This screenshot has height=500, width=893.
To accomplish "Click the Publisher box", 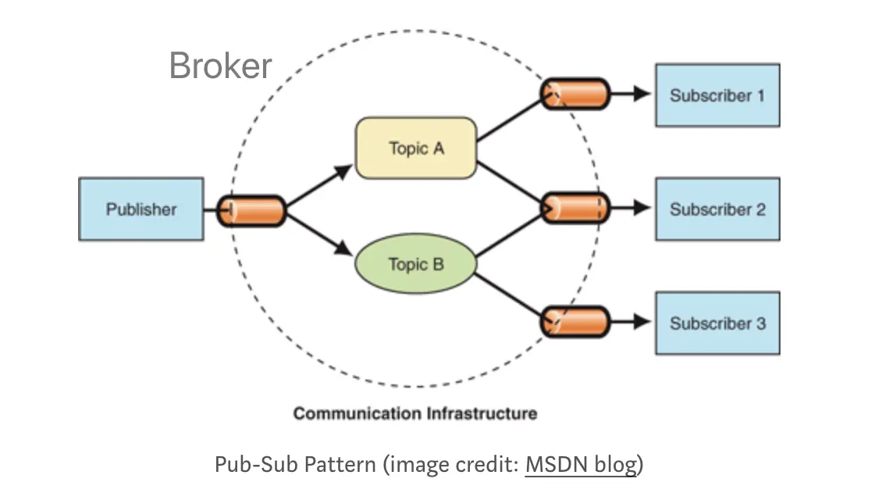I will point(141,209).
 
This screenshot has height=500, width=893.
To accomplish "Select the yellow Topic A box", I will point(416,148).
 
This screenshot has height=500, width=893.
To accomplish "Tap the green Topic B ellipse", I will point(416,264).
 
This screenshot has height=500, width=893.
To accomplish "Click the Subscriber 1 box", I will point(717,95).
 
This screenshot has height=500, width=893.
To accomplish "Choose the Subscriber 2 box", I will point(717,209).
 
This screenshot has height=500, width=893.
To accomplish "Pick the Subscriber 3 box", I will point(717,323).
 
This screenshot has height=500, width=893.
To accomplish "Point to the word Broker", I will point(220,66).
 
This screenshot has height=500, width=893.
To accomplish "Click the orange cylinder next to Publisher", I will point(251,211).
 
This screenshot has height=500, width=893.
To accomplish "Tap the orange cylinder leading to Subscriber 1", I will point(575,94).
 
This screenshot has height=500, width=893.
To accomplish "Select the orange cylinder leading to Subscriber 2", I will point(575,209).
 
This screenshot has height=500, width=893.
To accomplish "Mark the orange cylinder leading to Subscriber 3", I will point(575,322).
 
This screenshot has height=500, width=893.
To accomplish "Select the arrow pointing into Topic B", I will point(342,249).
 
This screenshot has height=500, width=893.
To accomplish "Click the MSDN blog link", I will point(581,465).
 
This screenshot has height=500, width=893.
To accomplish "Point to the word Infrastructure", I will point(482,413).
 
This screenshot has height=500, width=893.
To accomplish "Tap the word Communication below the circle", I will point(358,413).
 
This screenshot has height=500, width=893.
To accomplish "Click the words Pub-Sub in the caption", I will point(248,465).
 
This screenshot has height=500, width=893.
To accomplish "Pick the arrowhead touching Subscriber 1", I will point(642,95).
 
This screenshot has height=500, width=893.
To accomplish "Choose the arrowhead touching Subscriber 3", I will point(642,322).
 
